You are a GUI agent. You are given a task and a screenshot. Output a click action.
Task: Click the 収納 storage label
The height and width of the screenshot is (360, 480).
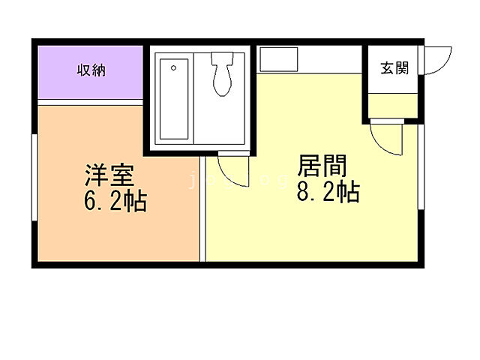(91, 70)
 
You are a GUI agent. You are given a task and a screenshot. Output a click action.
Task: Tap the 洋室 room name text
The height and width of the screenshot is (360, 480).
(109, 178)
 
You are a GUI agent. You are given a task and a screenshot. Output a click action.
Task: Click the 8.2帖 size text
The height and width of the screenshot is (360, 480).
(328, 192)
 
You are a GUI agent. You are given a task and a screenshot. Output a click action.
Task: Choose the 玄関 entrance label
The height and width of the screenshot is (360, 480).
(394, 69)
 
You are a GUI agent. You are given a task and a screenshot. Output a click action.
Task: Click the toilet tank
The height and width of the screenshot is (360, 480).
(223, 58)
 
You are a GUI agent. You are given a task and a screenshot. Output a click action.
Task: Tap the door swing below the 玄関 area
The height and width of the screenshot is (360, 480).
(388, 139)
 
